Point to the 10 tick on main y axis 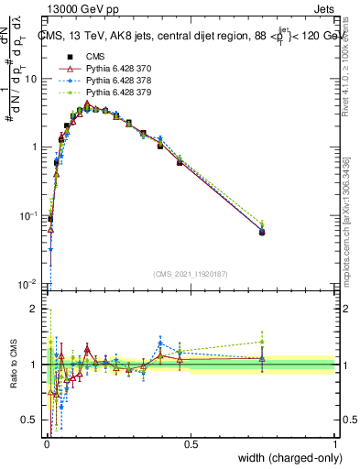tap(33, 79)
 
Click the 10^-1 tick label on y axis tap(31, 215)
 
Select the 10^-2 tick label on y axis tap(31, 284)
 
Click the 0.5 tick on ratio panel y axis tap(33, 420)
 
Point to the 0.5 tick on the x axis tap(191, 443)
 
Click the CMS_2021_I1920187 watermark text tap(190, 274)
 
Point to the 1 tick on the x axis tap(335, 443)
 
